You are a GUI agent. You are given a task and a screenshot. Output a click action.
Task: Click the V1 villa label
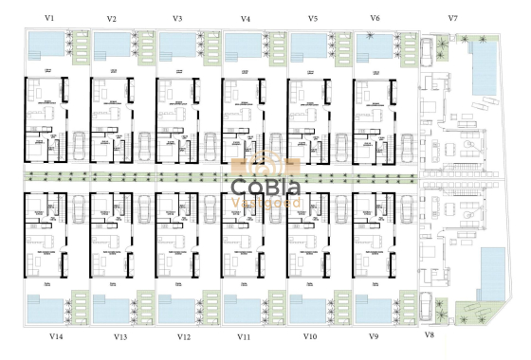click(49, 18)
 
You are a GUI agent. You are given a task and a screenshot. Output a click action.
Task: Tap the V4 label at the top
click(247, 19)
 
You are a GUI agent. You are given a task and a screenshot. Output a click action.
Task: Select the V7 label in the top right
click(452, 19)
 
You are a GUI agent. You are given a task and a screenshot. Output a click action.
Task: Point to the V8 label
click(429, 335)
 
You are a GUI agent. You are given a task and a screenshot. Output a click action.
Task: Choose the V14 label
click(56, 335)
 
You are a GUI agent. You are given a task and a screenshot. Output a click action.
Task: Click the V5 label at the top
click(313, 19)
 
